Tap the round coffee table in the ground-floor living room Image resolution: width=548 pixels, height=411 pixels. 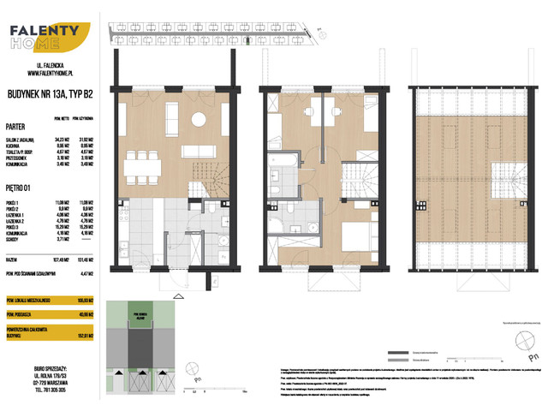198,120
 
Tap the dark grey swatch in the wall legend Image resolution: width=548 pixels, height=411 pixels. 397,353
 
